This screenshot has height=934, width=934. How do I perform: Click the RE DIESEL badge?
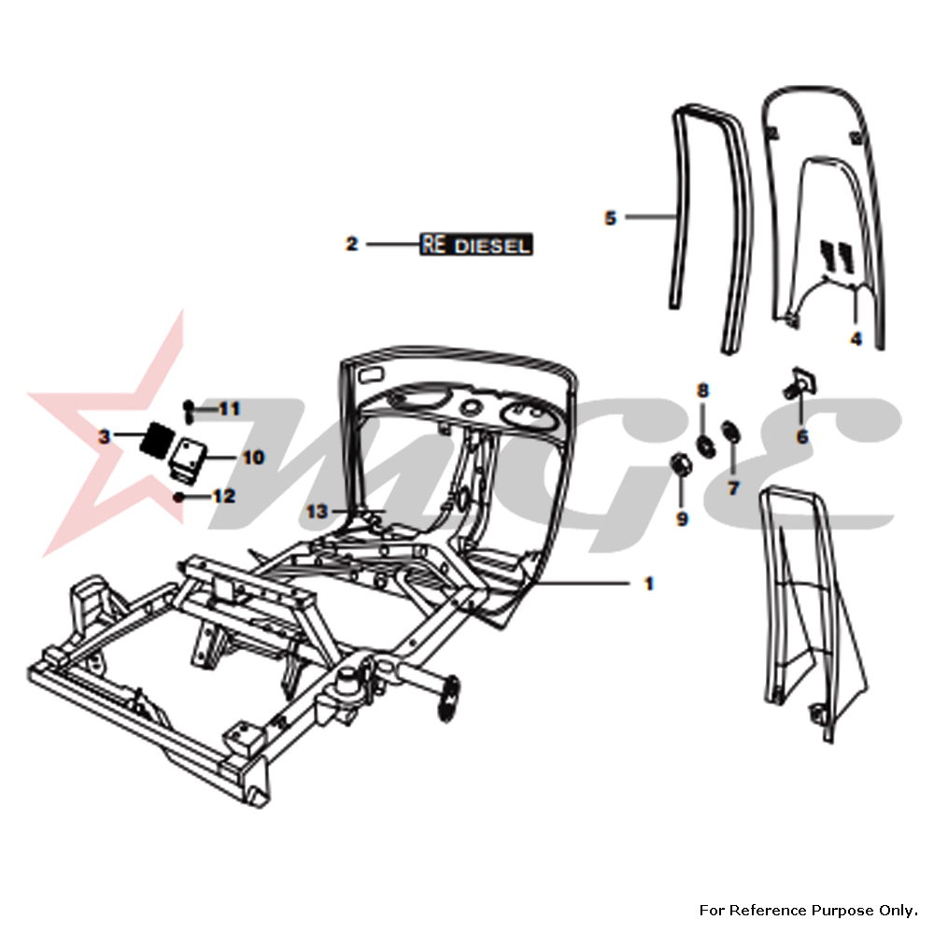coord(476,245)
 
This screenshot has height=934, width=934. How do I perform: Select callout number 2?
coord(351,245)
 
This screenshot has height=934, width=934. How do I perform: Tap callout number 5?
coord(611,218)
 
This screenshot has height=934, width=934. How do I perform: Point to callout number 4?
coord(856,338)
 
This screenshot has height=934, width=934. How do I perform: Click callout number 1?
coord(648,584)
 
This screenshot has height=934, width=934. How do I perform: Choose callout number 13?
coord(318,511)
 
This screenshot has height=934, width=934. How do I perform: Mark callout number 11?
coord(230,408)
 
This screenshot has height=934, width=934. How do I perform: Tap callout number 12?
coord(223,497)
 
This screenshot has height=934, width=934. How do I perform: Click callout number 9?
coord(682,518)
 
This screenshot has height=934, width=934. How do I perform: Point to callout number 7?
coord(733,488)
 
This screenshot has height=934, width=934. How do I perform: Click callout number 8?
coord(703,389)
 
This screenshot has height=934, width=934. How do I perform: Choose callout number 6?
coord(802,435)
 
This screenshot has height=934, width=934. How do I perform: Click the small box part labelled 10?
coord(189,459)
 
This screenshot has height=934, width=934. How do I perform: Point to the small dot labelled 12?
coord(177,498)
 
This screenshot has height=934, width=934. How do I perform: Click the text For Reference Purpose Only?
coord(808,909)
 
